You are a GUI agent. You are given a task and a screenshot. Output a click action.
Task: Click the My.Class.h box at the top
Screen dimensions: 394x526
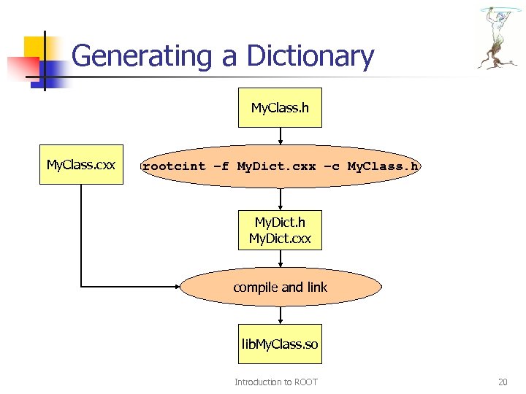coord(280,109)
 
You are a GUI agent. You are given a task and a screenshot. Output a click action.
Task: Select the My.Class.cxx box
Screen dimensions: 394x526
coord(81,165)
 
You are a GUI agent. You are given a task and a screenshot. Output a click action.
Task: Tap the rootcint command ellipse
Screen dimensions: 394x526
coord(280,166)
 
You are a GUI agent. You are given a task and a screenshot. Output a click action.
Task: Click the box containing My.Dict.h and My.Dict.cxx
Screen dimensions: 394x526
coord(280,230)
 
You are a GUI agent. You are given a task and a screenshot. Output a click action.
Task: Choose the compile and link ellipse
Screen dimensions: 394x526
coord(280,287)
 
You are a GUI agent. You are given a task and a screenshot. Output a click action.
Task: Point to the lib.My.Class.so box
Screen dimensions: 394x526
coord(280,344)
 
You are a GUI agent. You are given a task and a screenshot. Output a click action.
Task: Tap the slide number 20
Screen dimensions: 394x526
coord(502,382)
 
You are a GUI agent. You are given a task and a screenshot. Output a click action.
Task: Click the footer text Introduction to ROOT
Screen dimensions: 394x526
coord(275,382)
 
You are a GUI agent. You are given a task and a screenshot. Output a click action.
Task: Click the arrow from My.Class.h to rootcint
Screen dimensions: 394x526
coord(281,136)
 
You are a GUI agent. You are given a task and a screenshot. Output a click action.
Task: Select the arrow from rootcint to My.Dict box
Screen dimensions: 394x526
coord(281,199)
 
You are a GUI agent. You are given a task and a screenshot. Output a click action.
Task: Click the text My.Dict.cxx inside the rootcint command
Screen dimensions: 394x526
coord(277,166)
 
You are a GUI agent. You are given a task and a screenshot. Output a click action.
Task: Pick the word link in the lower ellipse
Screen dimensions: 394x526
coord(316,287)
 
